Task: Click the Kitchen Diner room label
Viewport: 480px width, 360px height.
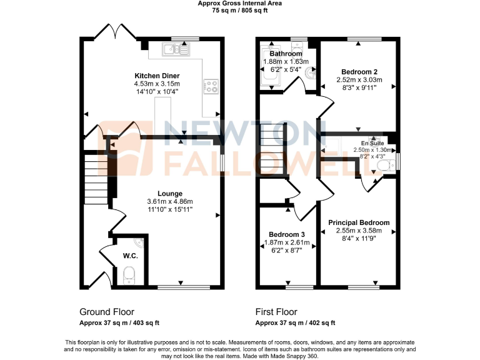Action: (157, 75)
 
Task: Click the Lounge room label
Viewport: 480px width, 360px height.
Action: (169, 193)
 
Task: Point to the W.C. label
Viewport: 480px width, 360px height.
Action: (130, 255)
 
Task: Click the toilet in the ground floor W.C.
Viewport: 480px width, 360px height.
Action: (129, 273)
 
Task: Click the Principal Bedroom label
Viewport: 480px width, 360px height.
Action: (359, 222)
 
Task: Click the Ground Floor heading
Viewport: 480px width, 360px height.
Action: (106, 312)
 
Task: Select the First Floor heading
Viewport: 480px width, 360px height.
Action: (276, 312)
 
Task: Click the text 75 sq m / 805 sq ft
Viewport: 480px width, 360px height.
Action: (240, 10)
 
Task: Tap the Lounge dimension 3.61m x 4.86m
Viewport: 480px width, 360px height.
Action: (169, 201)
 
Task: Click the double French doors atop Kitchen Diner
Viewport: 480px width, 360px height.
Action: (114, 31)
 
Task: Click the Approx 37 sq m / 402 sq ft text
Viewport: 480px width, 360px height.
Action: (295, 323)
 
